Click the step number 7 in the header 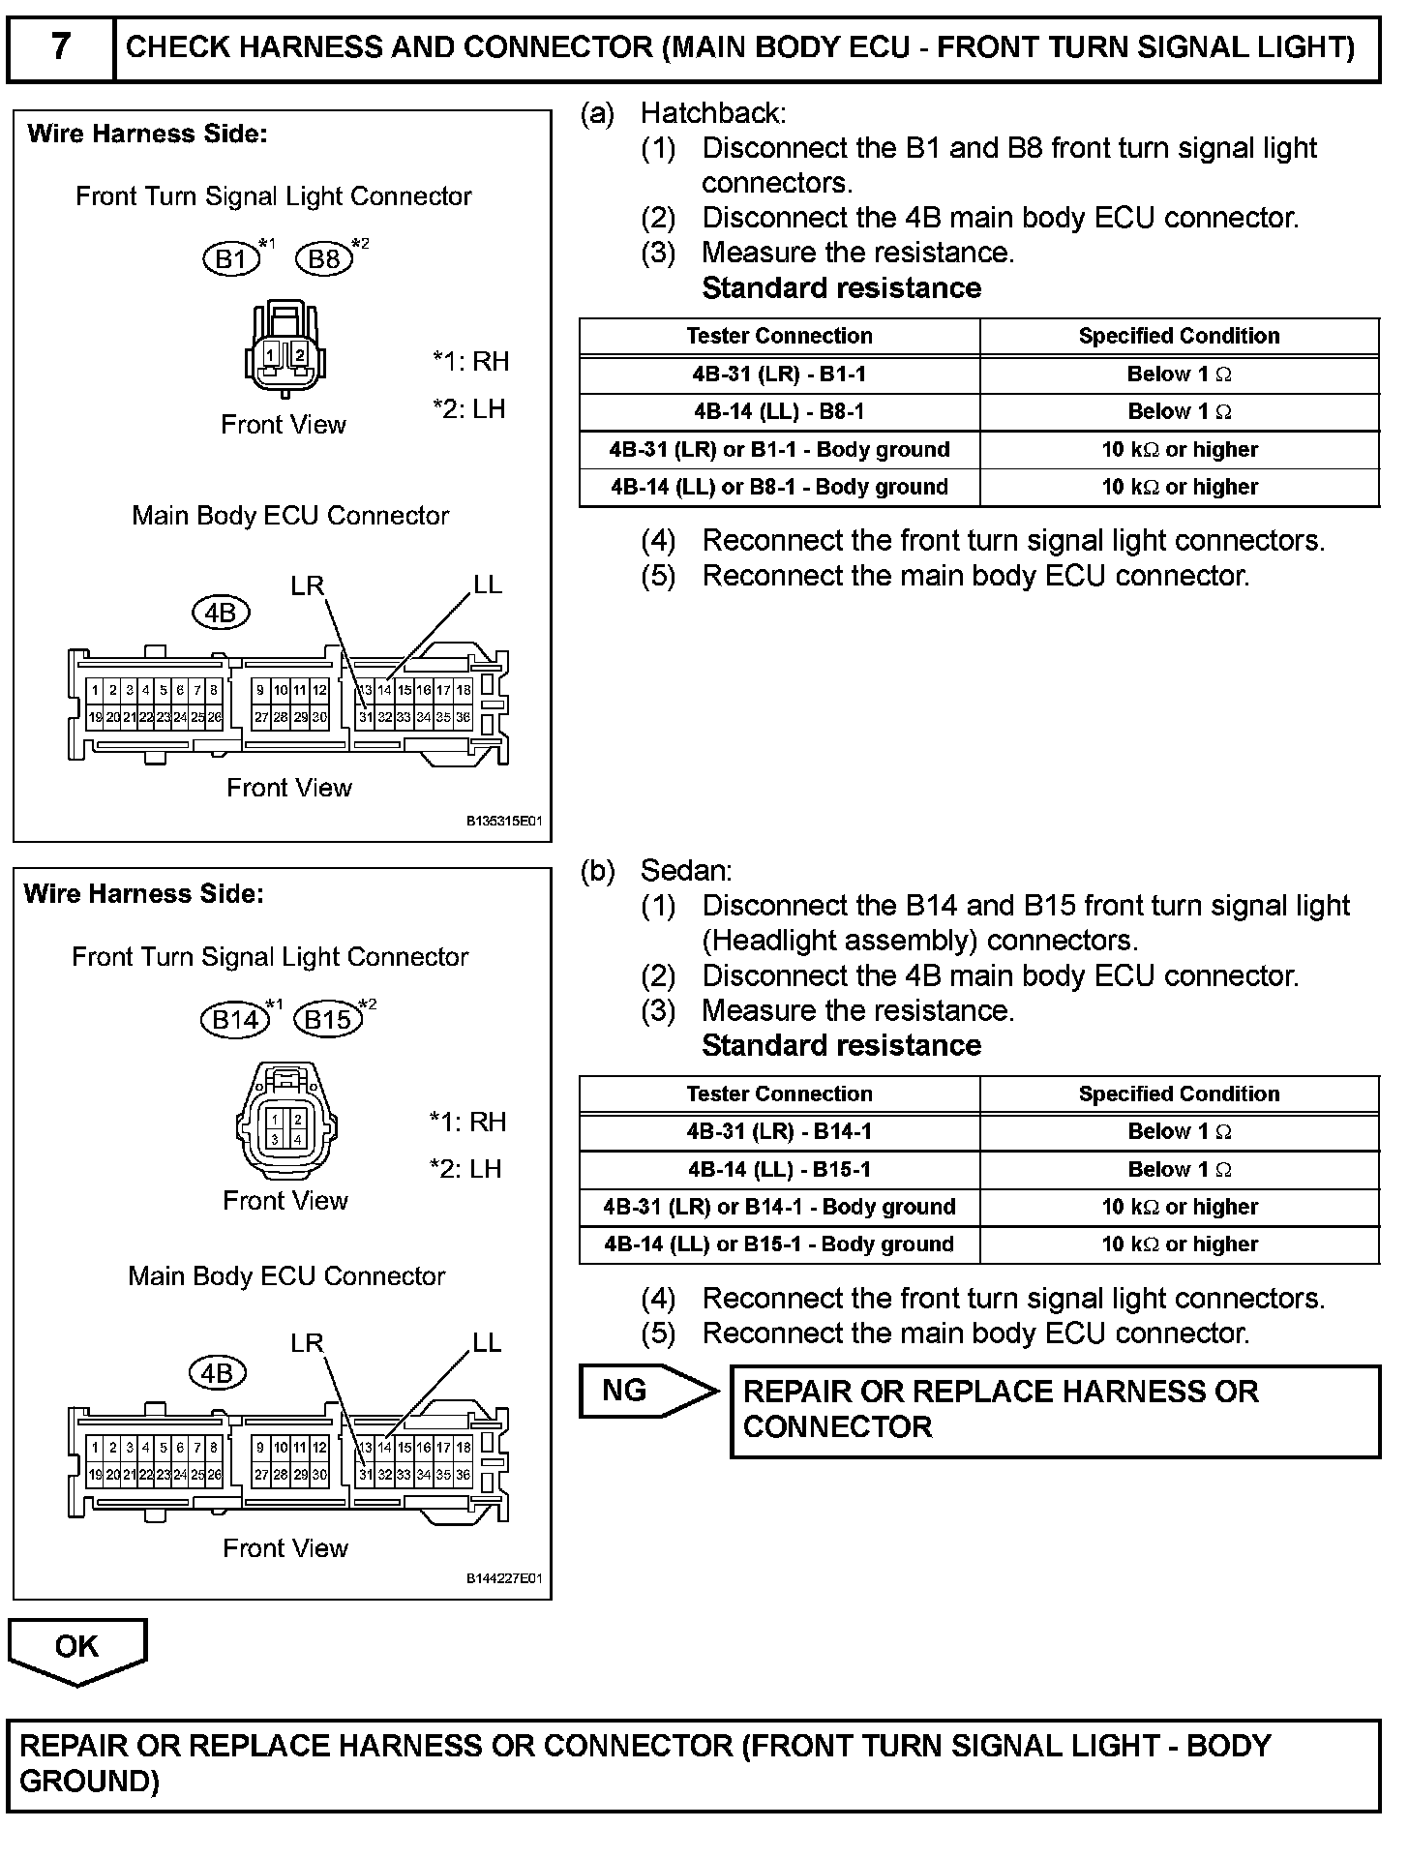60,46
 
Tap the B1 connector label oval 231,258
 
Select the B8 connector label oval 324,258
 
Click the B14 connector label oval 235,1019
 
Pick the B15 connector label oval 328,1019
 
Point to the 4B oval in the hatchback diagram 222,613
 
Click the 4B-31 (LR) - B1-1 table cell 779,374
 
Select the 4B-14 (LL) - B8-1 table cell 779,411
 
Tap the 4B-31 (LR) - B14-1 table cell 779,1131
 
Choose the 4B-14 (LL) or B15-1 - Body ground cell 779,1244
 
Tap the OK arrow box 77,1647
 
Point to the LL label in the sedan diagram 487,1342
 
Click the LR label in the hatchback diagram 308,585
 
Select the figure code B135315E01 504,822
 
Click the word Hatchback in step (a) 712,113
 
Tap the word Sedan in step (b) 685,871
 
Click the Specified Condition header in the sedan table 1179,1094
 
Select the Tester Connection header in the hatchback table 779,336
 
